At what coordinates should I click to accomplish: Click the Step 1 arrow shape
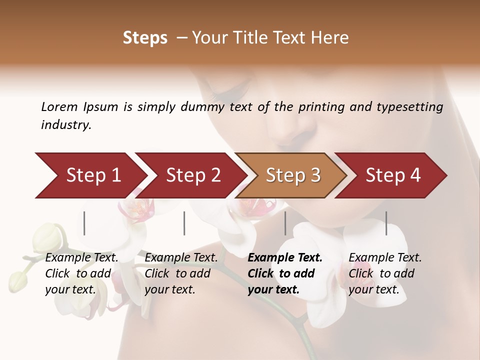click(x=90, y=175)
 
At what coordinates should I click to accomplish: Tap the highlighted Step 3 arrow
click(x=292, y=175)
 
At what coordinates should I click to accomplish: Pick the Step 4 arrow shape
click(x=392, y=175)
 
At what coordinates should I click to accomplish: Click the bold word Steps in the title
click(x=145, y=38)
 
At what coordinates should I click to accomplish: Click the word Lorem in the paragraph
click(x=59, y=106)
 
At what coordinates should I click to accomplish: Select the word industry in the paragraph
click(x=65, y=125)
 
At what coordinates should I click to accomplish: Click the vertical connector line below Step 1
click(x=84, y=223)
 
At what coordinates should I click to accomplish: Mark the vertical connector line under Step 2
click(x=184, y=223)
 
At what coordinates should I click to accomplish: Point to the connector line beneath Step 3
click(x=285, y=223)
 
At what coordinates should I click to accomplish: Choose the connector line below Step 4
click(x=386, y=223)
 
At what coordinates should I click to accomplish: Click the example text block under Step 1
click(x=81, y=273)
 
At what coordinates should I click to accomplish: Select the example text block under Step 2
click(x=181, y=273)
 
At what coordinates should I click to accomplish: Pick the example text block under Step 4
click(x=385, y=273)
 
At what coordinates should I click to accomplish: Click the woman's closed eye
click(x=231, y=93)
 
